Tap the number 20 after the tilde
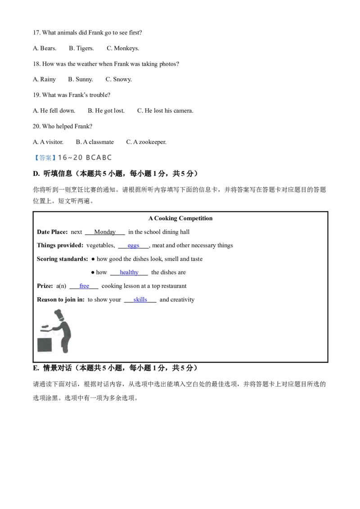pyautogui.click(x=78, y=157)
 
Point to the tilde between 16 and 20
pyautogui.click(x=69, y=157)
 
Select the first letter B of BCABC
pyautogui.click(x=88, y=157)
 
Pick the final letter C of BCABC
pyautogui.click(x=110, y=157)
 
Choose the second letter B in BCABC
pyautogui.click(x=104, y=157)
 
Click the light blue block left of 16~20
pyautogui.click(x=45, y=157)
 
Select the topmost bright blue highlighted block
pyautogui.click(x=134, y=246)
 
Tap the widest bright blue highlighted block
pyautogui.click(x=129, y=272)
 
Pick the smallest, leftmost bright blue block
pyautogui.click(x=85, y=286)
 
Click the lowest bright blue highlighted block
pyautogui.click(x=140, y=300)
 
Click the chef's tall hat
pyautogui.click(x=58, y=313)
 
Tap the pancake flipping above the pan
pyautogui.click(x=45, y=326)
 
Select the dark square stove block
pyautogui.click(x=45, y=345)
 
